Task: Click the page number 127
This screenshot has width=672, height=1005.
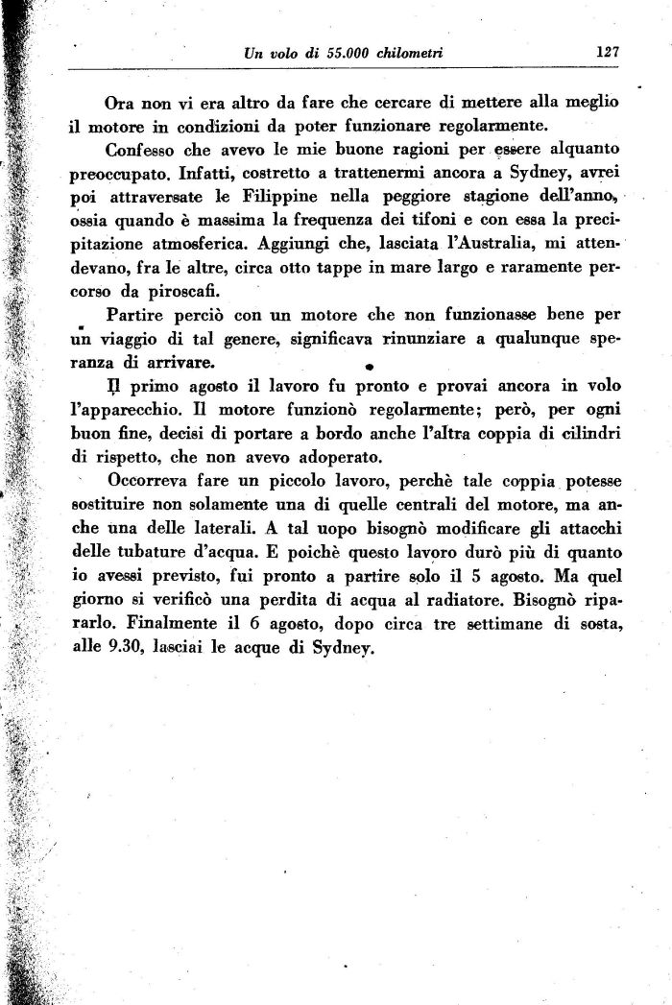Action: (606, 53)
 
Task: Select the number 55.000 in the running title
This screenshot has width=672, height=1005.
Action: (346, 54)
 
